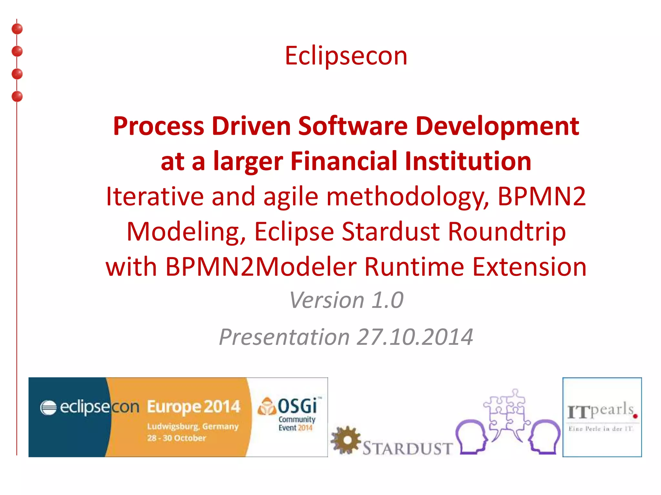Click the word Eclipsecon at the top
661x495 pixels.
pos(346,56)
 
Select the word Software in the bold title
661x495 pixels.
pos(353,126)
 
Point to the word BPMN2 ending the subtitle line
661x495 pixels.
pos(541,196)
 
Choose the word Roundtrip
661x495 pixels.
pos(507,231)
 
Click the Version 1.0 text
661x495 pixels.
pos(346,300)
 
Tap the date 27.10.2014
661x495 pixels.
pos(415,337)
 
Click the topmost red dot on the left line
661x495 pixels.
pos(17,29)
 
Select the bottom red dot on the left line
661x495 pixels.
pos(17,96)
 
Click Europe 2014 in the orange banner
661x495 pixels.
pos(193,407)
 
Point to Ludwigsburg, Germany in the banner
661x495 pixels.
pos(193,426)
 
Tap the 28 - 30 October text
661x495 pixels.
pos(177,438)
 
